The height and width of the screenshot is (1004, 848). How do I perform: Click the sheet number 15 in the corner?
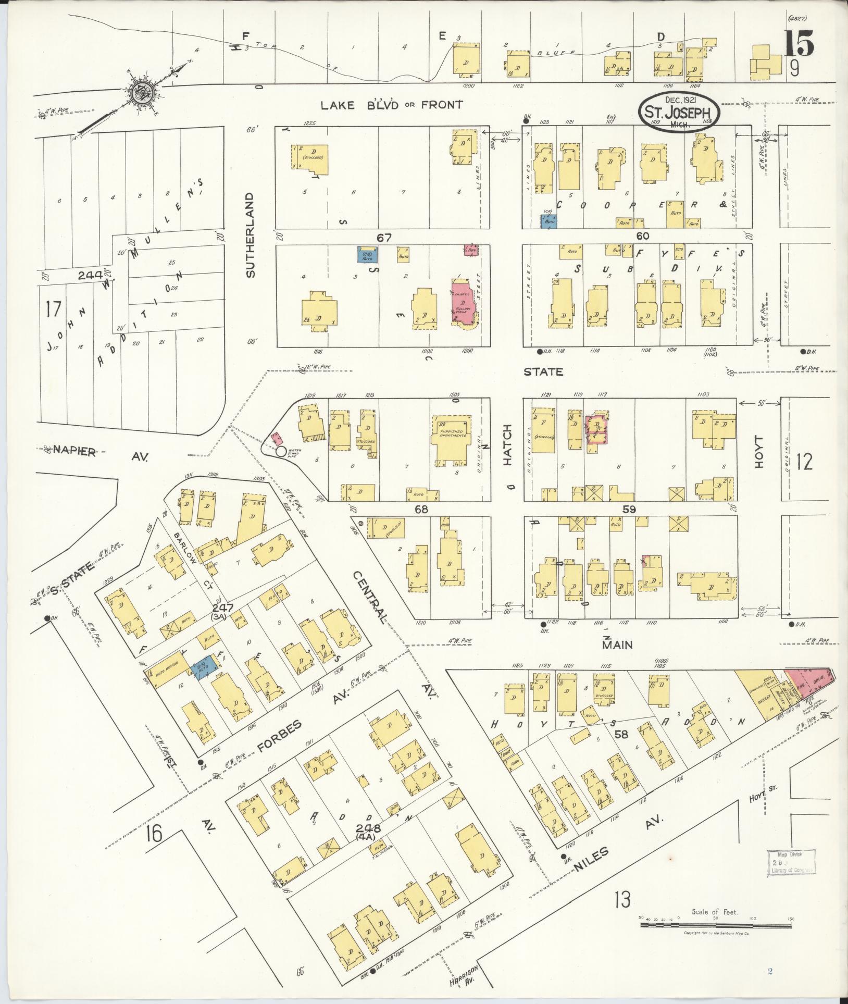tap(799, 43)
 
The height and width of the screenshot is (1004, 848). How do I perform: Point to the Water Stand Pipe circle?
tap(281, 451)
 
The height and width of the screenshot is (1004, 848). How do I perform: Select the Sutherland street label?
tap(251, 235)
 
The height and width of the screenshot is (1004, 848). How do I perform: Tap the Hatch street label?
tap(508, 445)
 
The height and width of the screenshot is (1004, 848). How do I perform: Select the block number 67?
tap(384, 238)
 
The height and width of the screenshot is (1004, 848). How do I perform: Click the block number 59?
tap(629, 510)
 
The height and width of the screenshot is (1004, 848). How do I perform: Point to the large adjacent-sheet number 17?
tap(53, 309)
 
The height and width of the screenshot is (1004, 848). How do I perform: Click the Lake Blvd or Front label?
tap(391, 105)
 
